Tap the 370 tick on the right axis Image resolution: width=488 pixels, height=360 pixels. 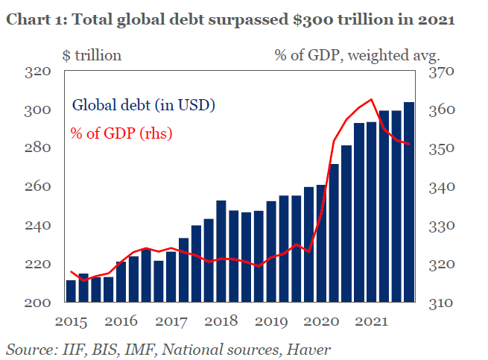coord(441,72)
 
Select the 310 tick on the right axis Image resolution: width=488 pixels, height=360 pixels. coord(441,303)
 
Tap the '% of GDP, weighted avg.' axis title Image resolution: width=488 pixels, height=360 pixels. coord(357,54)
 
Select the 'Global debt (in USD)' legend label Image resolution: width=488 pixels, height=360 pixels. coord(143,104)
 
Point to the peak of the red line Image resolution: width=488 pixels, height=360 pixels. coord(371,98)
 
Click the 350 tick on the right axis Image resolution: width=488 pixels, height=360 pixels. coord(441,148)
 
